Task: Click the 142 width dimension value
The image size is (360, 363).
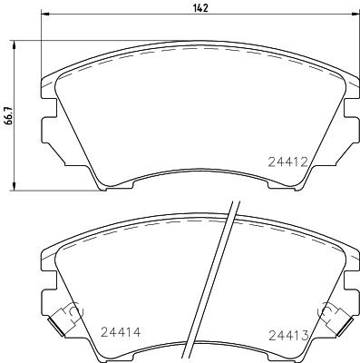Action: pyautogui.click(x=200, y=8)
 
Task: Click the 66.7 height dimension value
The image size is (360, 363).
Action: pyautogui.click(x=8, y=115)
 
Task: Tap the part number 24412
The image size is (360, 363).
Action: pyautogui.click(x=288, y=162)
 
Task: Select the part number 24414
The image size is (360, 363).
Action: pyautogui.click(x=121, y=332)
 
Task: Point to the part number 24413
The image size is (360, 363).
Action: pyautogui.click(x=288, y=335)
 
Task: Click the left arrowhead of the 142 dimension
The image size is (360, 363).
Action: pyautogui.click(x=44, y=14)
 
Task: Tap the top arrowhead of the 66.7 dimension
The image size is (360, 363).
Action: pyautogui.click(x=14, y=45)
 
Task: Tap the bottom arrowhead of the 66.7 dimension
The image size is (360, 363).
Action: pyautogui.click(x=14, y=186)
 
